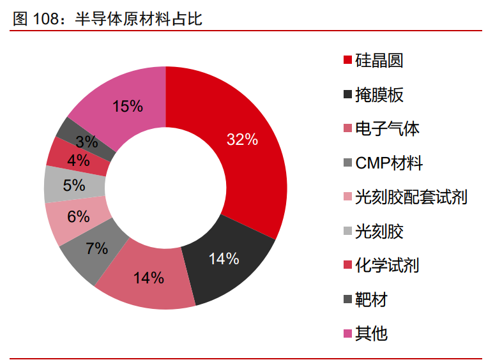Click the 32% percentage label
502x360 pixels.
coord(242,140)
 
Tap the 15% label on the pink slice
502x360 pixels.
coord(128,107)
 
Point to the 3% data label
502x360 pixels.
coord(86,142)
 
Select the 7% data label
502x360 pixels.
coord(96,248)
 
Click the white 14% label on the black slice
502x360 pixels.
coord(224,259)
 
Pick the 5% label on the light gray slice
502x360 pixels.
coord(74,185)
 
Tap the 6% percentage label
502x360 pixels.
coord(78,217)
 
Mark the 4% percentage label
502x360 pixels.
coord(78,161)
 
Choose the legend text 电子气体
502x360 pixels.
coord(387,129)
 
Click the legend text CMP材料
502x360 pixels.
coord(389,163)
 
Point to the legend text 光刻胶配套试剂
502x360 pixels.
coord(411,197)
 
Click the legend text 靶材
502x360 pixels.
coord(371,299)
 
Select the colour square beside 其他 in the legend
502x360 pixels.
coord(347,333)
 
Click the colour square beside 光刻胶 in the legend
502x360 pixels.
coord(347,231)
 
